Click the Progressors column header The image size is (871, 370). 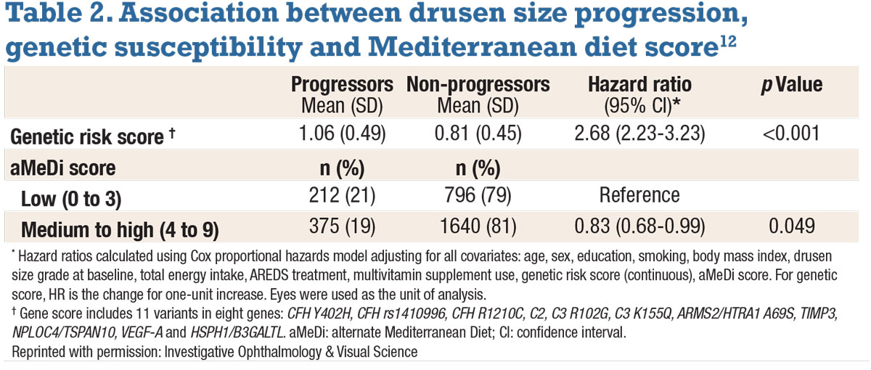(343, 85)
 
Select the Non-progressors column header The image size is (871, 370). (478, 85)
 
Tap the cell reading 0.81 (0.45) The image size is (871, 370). (478, 133)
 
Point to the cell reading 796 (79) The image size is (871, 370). (478, 196)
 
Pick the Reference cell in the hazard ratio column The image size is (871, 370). (639, 195)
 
